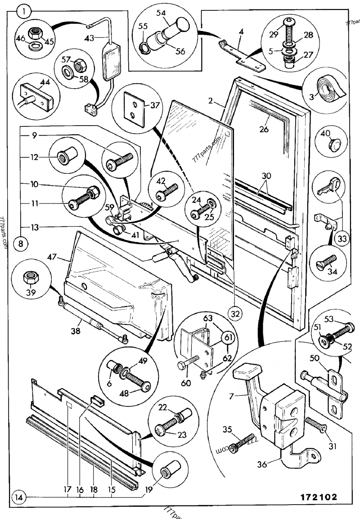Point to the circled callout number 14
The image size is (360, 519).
tap(18, 498)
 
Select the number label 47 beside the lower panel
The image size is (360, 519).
tap(53, 257)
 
